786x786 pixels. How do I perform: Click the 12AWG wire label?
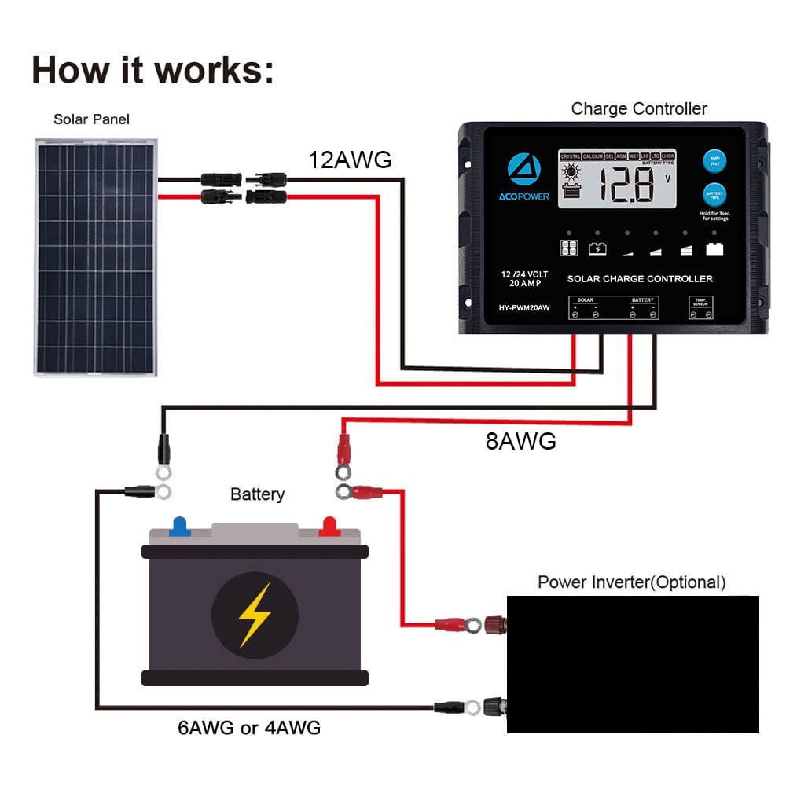pyautogui.click(x=349, y=160)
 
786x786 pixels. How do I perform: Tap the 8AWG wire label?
pyautogui.click(x=520, y=441)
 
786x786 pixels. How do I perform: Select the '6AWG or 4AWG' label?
pyautogui.click(x=248, y=728)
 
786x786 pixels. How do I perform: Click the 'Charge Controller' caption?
pyautogui.click(x=638, y=108)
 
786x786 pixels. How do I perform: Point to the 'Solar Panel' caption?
pyautogui.click(x=91, y=119)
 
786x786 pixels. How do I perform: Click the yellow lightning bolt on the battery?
pyautogui.click(x=255, y=615)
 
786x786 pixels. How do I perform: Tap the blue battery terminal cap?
pyautogui.click(x=180, y=526)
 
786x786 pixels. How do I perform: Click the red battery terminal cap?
pyautogui.click(x=329, y=526)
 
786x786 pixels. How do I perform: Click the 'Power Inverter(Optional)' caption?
pyautogui.click(x=631, y=582)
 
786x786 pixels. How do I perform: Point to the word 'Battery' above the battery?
pyautogui.click(x=257, y=494)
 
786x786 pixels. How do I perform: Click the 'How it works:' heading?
pyautogui.click(x=153, y=69)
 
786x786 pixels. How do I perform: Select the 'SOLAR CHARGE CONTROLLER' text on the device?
pyautogui.click(x=640, y=278)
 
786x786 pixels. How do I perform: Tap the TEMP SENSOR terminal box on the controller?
pyautogui.click(x=700, y=307)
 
